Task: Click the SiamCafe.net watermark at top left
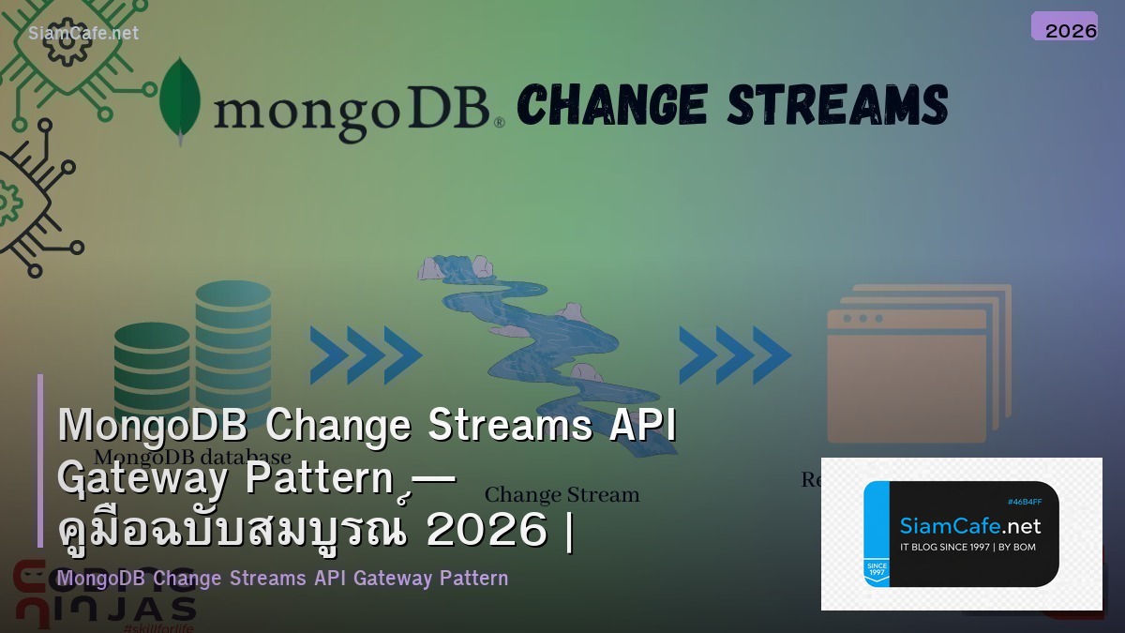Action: (83, 33)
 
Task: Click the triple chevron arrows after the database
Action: (366, 355)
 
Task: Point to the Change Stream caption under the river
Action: (562, 494)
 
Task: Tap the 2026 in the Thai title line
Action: (487, 531)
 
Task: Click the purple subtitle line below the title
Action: (282, 578)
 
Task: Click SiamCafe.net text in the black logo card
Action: (969, 525)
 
